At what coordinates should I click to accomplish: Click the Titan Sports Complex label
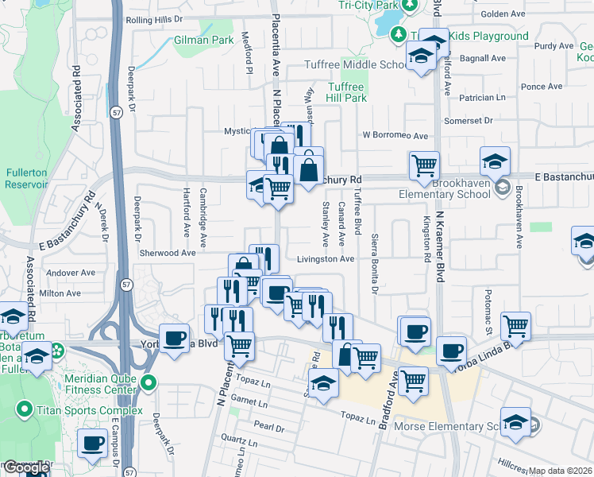(90, 410)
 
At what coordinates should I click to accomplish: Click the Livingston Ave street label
(326, 259)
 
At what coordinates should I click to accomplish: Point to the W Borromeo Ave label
(395, 136)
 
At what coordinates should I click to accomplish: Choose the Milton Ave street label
(60, 293)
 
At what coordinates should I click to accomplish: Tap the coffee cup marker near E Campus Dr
(93, 442)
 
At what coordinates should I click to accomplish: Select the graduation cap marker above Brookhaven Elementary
(495, 161)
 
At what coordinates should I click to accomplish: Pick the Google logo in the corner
(25, 468)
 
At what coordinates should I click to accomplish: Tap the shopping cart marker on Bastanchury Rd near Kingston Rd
(424, 166)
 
